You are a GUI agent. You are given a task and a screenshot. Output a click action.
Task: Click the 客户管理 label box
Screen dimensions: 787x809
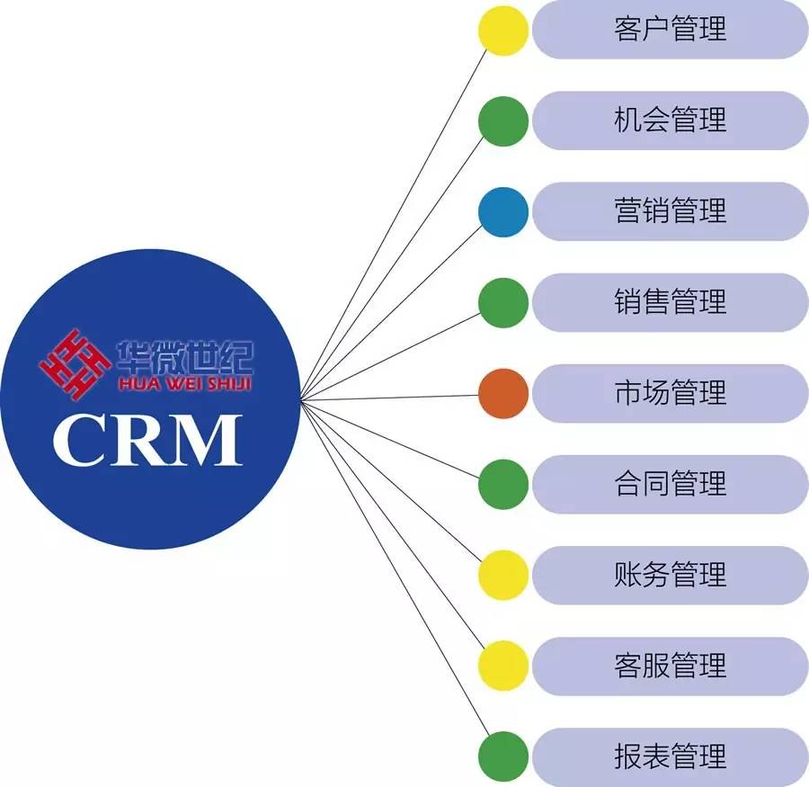pos(670,30)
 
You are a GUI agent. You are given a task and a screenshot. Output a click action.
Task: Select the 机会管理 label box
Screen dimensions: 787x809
pos(670,121)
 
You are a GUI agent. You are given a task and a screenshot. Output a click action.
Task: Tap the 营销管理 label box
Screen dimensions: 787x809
pos(670,211)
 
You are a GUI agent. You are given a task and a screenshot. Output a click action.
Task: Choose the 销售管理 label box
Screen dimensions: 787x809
pos(670,302)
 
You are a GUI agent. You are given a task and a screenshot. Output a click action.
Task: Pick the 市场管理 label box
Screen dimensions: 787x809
pos(670,393)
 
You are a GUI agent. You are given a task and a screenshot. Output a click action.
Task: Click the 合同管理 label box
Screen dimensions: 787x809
pos(670,484)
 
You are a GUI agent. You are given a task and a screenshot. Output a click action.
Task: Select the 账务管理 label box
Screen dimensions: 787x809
pos(670,575)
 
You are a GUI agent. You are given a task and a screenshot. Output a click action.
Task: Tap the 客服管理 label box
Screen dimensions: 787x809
pos(670,666)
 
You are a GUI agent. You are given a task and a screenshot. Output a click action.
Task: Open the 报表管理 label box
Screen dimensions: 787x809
pos(670,756)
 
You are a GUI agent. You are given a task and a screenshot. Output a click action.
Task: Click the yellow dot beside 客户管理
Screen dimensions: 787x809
pos(502,30)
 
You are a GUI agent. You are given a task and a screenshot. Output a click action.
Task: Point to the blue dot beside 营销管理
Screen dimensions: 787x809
pos(502,211)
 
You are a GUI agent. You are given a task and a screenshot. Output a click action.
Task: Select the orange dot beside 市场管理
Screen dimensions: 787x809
pos(502,393)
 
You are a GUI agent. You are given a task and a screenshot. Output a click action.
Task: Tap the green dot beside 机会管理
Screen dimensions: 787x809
pos(502,121)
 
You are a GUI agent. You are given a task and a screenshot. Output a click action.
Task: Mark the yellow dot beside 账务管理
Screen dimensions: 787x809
pos(502,575)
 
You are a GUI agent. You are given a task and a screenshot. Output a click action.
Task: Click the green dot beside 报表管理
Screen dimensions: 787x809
pos(502,756)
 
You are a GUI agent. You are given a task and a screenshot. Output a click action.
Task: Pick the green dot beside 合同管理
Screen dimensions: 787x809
pos(502,484)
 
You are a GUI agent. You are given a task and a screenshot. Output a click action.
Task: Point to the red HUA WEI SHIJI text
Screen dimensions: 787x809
pos(183,384)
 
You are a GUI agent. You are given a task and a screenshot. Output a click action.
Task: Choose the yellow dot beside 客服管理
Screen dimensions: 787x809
pos(502,666)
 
